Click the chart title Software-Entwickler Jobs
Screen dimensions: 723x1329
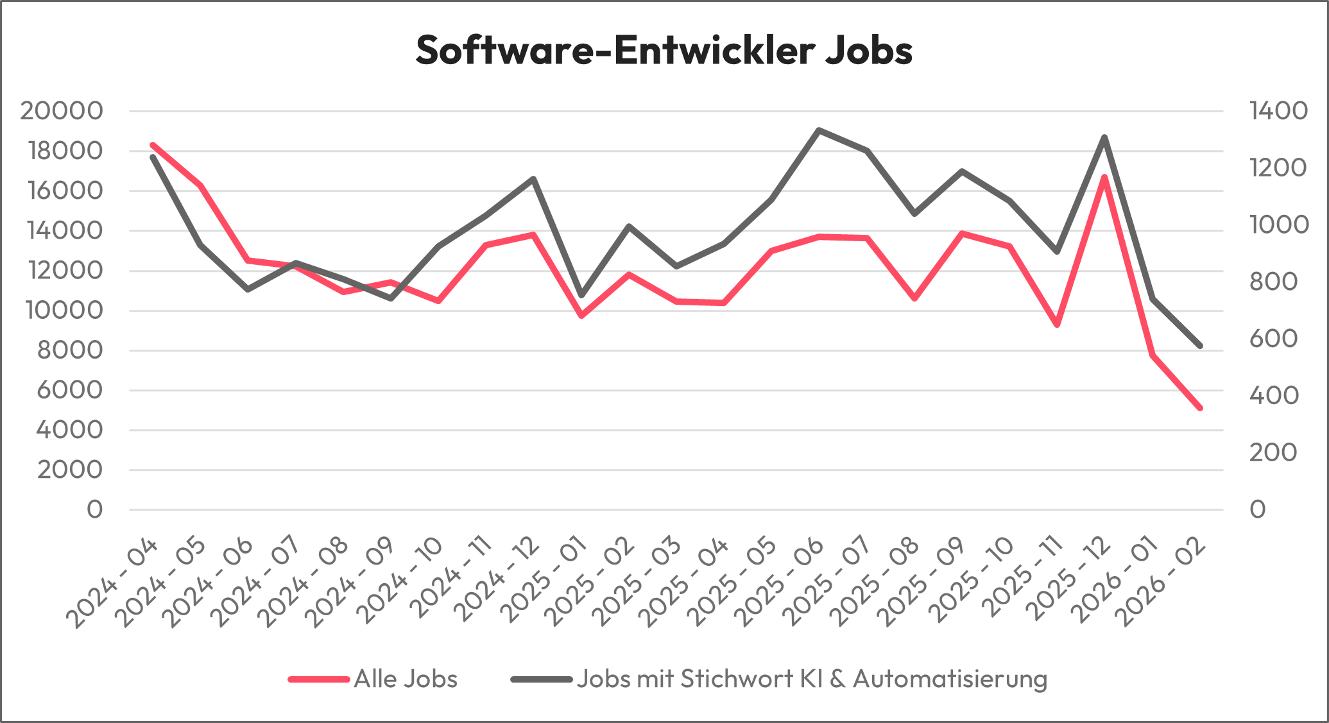664,50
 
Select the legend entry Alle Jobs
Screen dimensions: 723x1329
405,679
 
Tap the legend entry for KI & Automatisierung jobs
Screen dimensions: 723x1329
811,679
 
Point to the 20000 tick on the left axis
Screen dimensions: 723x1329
62,111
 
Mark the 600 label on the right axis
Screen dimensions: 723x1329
1273,339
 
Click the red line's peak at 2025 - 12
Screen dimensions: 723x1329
1104,176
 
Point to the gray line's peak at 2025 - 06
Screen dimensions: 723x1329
818,130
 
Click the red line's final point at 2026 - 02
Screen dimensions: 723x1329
1199,408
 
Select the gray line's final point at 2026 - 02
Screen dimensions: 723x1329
1199,346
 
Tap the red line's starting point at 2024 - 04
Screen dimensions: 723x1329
153,145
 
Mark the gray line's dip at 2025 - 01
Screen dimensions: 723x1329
581,295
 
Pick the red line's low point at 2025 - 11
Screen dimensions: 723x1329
1057,325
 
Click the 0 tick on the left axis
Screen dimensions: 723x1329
95,509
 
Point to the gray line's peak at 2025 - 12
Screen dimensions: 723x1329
1104,137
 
